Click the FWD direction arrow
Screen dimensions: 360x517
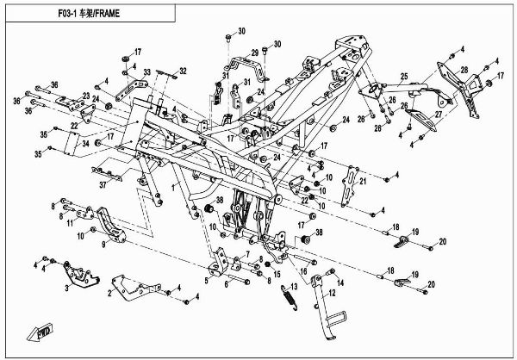pos(44,332)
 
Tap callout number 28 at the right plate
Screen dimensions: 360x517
pos(464,70)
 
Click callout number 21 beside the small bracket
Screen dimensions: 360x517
pos(363,182)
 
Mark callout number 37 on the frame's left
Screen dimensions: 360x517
pos(127,183)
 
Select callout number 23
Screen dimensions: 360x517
pos(86,95)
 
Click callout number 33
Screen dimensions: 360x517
pos(147,72)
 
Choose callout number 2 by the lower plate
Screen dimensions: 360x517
pos(110,293)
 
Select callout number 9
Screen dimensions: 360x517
pos(104,244)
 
